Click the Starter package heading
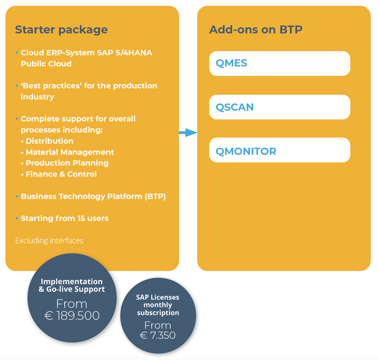point(61,29)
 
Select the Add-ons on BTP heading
point(255,29)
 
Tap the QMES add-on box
point(280,64)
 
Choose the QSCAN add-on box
point(280,107)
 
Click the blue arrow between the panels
point(188,133)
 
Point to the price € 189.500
point(72,315)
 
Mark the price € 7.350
point(158,335)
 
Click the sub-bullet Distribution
point(49,141)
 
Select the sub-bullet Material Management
point(70,152)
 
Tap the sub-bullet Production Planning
point(67,163)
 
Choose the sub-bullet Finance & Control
point(61,174)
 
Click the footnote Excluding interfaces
point(49,241)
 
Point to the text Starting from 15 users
point(64,218)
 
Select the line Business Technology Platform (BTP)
point(93,197)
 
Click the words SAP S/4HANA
point(124,53)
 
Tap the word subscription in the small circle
point(158,313)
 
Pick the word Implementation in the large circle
point(72,282)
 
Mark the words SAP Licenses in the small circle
point(158,297)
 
